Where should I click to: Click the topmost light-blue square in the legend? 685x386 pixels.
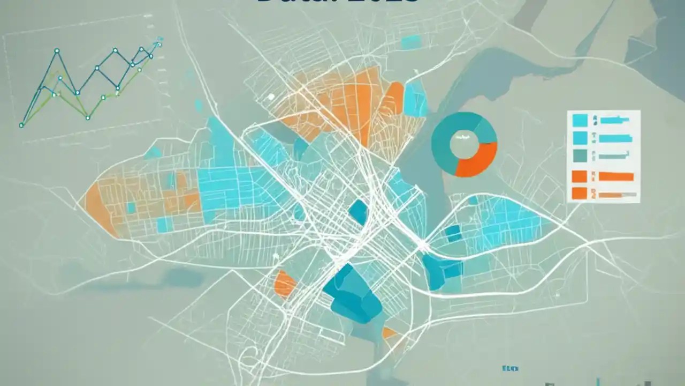click(580, 120)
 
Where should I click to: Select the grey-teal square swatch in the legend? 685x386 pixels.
click(580, 155)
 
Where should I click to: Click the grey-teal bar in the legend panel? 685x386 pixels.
click(613, 155)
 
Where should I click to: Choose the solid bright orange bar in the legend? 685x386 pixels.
click(616, 176)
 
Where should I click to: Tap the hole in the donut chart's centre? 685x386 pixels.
click(463, 144)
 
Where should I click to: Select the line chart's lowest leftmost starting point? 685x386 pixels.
click(21, 125)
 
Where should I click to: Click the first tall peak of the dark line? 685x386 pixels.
click(57, 51)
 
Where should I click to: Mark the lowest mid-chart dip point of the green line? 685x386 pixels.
click(87, 117)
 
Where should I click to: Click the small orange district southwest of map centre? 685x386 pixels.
click(284, 284)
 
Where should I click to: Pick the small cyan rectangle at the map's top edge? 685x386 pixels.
click(410, 42)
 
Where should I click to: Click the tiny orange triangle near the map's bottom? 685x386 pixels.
click(390, 333)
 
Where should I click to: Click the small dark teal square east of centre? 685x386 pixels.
click(453, 233)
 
